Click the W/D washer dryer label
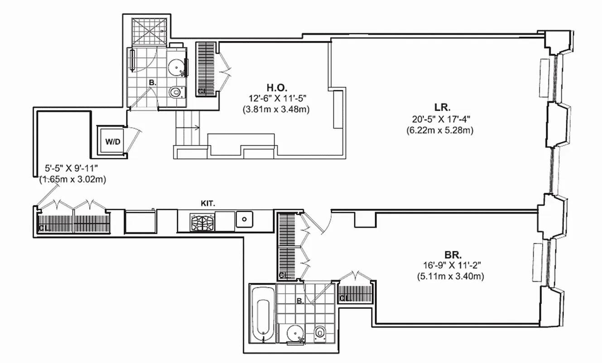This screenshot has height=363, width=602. point(113,142)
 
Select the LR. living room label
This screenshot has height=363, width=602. point(442,108)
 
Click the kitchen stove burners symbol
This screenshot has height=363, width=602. point(202,221)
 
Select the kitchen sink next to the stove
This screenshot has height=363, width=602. point(244,220)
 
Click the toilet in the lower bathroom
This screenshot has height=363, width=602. point(320,334)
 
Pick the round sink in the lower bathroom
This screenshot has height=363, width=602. point(296,334)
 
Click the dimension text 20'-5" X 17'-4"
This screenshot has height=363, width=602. point(439,120)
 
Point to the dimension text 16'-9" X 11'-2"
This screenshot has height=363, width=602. point(450,266)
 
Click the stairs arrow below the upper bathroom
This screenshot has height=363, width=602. point(195,128)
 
